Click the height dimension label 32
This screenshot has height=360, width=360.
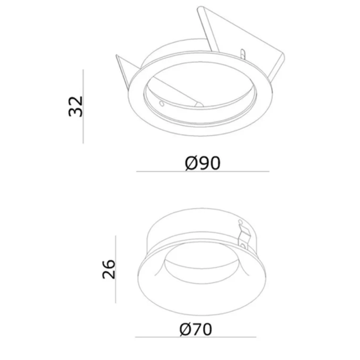76,106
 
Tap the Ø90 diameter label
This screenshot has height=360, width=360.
203,162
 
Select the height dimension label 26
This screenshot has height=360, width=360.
109,269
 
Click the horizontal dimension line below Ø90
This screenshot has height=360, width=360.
203,172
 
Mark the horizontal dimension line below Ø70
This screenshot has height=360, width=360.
196,337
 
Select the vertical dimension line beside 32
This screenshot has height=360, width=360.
83,106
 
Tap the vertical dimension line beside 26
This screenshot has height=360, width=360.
115,269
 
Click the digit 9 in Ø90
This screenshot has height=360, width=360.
203,162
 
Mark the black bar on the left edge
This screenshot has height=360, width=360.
16,180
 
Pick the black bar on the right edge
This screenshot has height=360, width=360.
344,180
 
